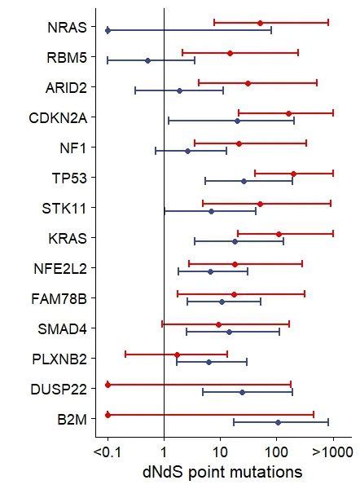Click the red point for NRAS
(260, 23)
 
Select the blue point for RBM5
(147, 60)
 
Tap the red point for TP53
(293, 174)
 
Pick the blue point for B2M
(278, 422)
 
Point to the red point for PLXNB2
(177, 355)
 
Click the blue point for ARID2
(179, 90)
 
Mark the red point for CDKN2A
(288, 113)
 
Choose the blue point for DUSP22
(242, 392)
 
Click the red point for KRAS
(279, 234)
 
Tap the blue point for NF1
(187, 151)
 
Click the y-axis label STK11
(68, 207)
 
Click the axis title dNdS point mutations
(211, 473)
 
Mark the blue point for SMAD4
(229, 332)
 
